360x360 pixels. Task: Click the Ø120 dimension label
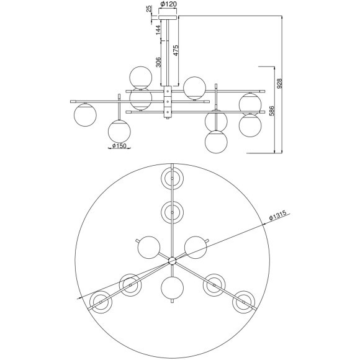[x=169, y=4]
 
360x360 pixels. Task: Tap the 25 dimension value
[x=149, y=9]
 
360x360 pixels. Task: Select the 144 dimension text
[x=158, y=30]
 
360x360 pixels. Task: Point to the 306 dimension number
[x=158, y=62]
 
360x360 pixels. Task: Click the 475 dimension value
[x=176, y=50]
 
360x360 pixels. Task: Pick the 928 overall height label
[x=279, y=84]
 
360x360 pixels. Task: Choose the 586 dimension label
[x=271, y=111]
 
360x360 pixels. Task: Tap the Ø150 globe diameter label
[x=119, y=146]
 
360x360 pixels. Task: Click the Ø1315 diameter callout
[x=278, y=216]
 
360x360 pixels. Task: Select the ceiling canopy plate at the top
[x=168, y=17]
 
